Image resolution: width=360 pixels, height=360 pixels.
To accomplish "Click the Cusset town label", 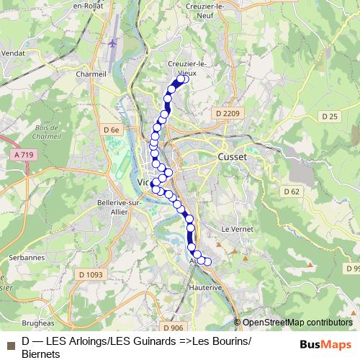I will [232, 156].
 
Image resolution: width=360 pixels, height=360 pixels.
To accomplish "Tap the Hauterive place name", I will [206, 287].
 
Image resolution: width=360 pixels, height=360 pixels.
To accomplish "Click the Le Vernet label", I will [235, 228].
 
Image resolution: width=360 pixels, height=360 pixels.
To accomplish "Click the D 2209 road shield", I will [225, 114].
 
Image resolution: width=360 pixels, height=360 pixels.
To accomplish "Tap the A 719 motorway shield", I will [24, 155].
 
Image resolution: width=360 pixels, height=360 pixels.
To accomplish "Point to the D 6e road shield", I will [110, 130].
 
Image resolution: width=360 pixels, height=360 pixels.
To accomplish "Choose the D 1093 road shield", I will [91, 274].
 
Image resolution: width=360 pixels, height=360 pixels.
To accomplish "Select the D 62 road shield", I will [291, 191].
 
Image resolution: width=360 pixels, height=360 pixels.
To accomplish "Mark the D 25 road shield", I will [330, 116].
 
